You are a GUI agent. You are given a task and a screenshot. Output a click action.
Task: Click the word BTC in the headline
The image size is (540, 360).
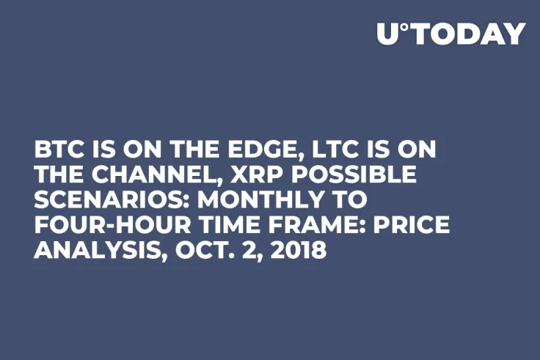59,150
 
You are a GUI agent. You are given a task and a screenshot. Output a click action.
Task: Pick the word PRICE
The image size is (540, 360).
408,225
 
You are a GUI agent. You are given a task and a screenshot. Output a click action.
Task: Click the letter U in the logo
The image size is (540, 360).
387,34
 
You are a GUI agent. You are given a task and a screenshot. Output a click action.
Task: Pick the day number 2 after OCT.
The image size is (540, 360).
241,250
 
